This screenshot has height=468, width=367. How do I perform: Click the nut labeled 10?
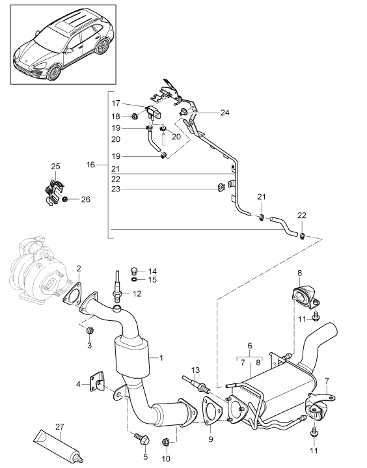pyautogui.click(x=165, y=443)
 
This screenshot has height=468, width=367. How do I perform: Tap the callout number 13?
pyautogui.click(x=195, y=370)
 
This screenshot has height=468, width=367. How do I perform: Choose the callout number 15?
pyautogui.click(x=152, y=280)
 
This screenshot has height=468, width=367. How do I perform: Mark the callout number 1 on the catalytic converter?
pyautogui.click(x=160, y=357)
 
